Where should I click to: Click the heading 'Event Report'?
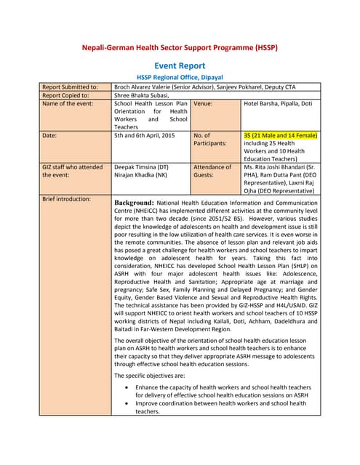coord(180,65)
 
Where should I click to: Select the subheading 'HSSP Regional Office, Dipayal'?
coord(180,77)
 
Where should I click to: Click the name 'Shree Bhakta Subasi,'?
coord(142,95)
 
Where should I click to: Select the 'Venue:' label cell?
coord(203,104)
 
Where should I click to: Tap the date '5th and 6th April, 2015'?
coord(144,136)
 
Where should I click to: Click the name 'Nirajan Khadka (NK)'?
coord(140,176)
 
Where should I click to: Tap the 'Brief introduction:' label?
coord(67,198)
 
